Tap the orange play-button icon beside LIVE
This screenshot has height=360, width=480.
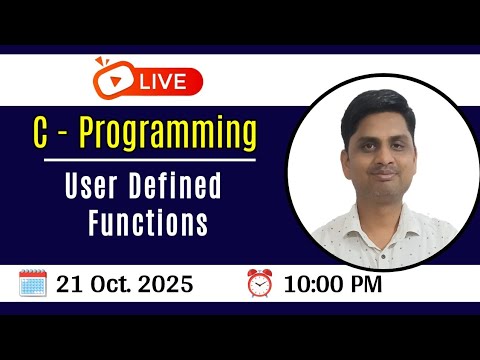(x=110, y=75)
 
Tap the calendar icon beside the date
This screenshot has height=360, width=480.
(x=34, y=283)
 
